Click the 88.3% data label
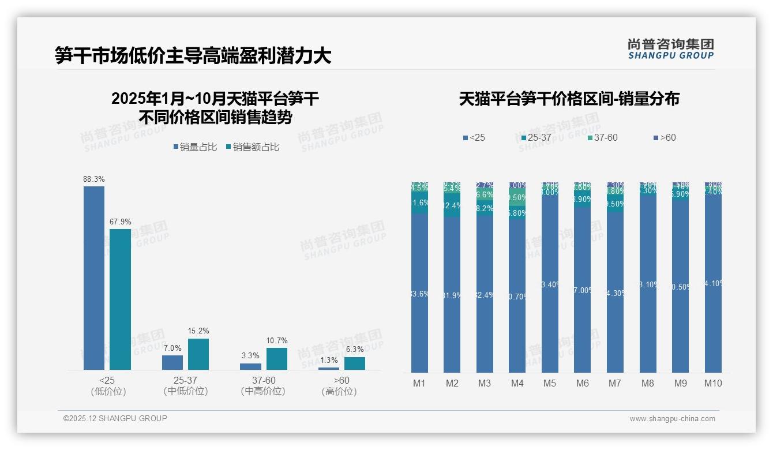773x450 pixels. click(x=94, y=179)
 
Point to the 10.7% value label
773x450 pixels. click(x=277, y=340)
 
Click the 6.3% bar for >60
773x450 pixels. click(x=355, y=363)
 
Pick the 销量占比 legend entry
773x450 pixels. click(x=195, y=147)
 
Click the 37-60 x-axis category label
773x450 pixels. click(x=263, y=381)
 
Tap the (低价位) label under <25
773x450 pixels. click(x=108, y=392)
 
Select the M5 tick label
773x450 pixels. click(x=550, y=383)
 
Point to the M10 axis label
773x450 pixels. click(x=713, y=383)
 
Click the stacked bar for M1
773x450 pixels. click(x=419, y=277)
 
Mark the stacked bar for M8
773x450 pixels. click(x=648, y=277)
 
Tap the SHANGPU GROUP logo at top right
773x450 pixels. click(x=670, y=49)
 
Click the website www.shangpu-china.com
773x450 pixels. click(x=672, y=419)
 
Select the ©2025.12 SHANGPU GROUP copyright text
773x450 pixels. click(x=115, y=418)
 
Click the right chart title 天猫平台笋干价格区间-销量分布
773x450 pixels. click(x=569, y=99)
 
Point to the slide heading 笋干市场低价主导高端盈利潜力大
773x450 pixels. click(x=193, y=55)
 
